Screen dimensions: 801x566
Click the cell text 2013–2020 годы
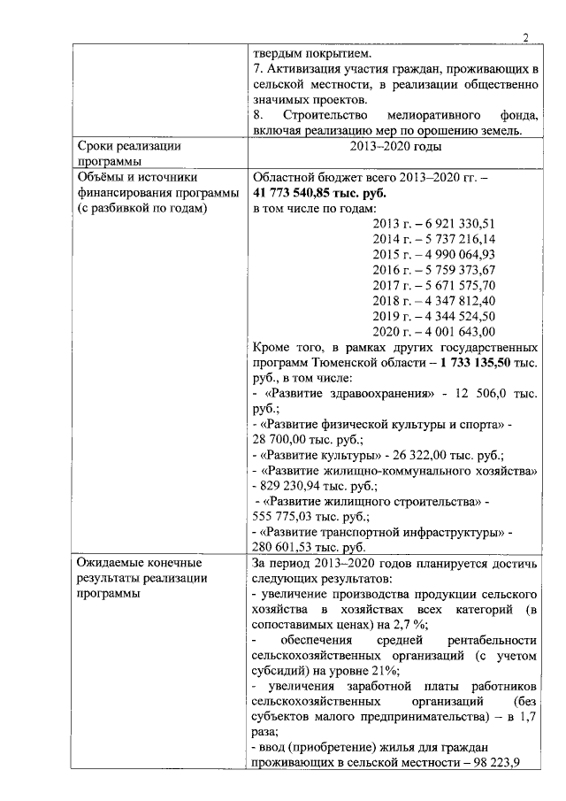[395, 147]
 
